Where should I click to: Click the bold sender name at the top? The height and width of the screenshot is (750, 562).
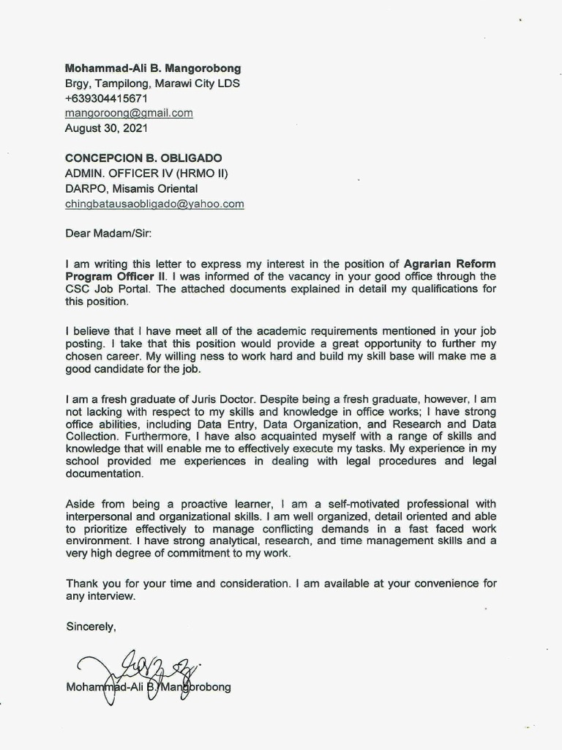click(x=152, y=68)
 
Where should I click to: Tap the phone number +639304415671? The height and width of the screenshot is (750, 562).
click(x=106, y=98)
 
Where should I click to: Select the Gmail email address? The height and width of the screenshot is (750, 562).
click(x=129, y=113)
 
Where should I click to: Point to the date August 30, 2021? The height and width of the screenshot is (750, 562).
click(x=106, y=127)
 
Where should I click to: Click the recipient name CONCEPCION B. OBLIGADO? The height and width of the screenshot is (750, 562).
click(x=143, y=158)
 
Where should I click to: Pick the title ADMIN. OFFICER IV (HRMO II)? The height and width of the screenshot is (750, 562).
click(x=146, y=174)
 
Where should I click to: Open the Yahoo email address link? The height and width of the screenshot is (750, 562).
click(x=154, y=204)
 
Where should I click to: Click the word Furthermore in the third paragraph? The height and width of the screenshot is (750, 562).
click(x=98, y=437)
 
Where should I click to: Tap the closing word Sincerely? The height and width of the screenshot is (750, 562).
click(x=90, y=626)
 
